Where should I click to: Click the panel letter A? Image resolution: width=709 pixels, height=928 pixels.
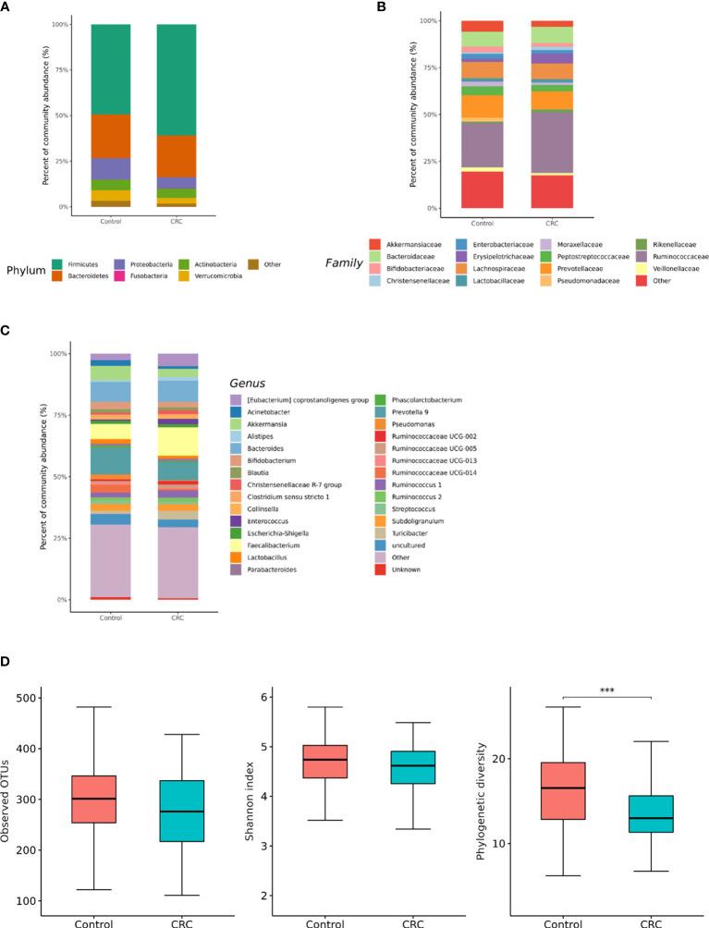[7, 7]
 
